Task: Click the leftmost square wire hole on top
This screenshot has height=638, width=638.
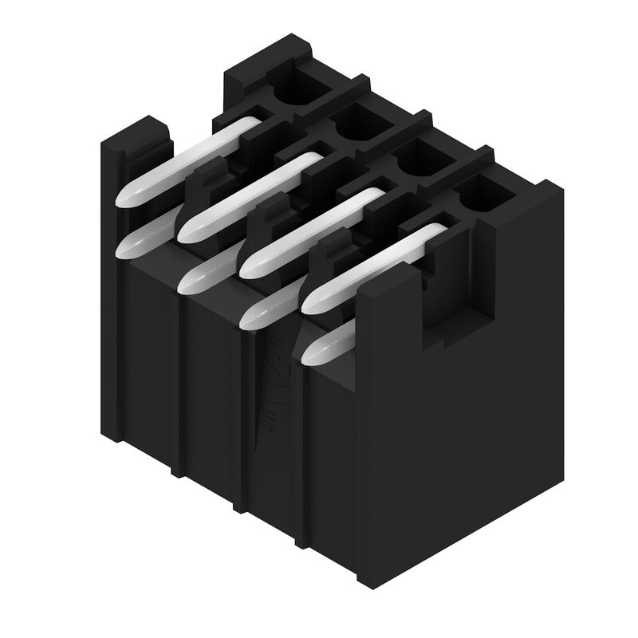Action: [297, 89]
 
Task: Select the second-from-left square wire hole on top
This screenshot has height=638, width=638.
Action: [358, 124]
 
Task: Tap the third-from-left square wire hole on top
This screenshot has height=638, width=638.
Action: [419, 159]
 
